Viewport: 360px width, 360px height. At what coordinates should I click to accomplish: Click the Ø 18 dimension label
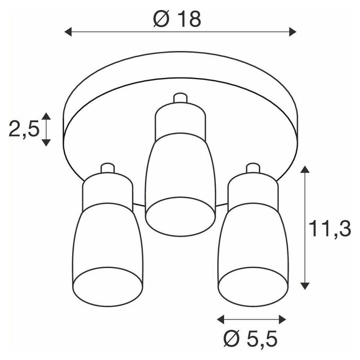point(177,19)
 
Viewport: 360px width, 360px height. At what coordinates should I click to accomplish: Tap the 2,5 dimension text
point(24,130)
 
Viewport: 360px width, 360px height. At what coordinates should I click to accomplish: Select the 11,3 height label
point(330,229)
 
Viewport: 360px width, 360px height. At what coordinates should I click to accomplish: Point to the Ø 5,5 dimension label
point(251,338)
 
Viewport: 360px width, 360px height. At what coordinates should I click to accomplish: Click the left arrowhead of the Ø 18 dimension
point(68,32)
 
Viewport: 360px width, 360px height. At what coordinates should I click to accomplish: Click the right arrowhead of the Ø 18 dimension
point(293,32)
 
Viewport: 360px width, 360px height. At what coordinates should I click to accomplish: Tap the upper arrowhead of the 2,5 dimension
point(46,116)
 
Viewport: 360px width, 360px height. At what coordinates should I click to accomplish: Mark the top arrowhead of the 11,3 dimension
point(305,169)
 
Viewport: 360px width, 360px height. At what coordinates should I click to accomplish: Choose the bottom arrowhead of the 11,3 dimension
point(305,286)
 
